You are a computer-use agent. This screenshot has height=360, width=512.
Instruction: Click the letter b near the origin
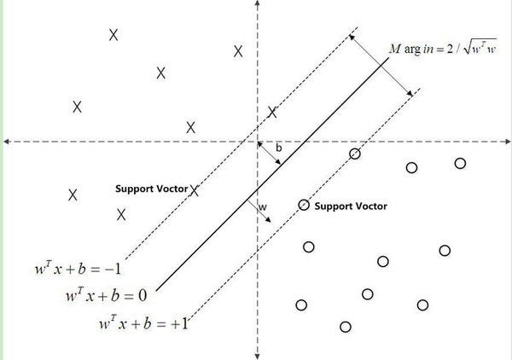coord(278,148)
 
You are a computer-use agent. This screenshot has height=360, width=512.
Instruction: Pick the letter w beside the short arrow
coord(263,206)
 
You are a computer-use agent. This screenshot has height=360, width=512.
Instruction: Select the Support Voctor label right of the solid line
coord(351,206)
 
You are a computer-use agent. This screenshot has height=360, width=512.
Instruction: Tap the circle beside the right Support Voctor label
coord(304,205)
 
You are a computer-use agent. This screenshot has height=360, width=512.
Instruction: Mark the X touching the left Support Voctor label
coord(195,190)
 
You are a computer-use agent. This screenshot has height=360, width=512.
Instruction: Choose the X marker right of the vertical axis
coord(273,112)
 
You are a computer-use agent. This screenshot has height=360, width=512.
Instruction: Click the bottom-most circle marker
coord(346,326)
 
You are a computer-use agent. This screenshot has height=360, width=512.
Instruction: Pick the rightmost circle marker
coord(461,163)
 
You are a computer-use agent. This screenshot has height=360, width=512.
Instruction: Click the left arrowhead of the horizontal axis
coord(6,141)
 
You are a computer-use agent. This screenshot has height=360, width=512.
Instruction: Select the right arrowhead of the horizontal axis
coord(504,141)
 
